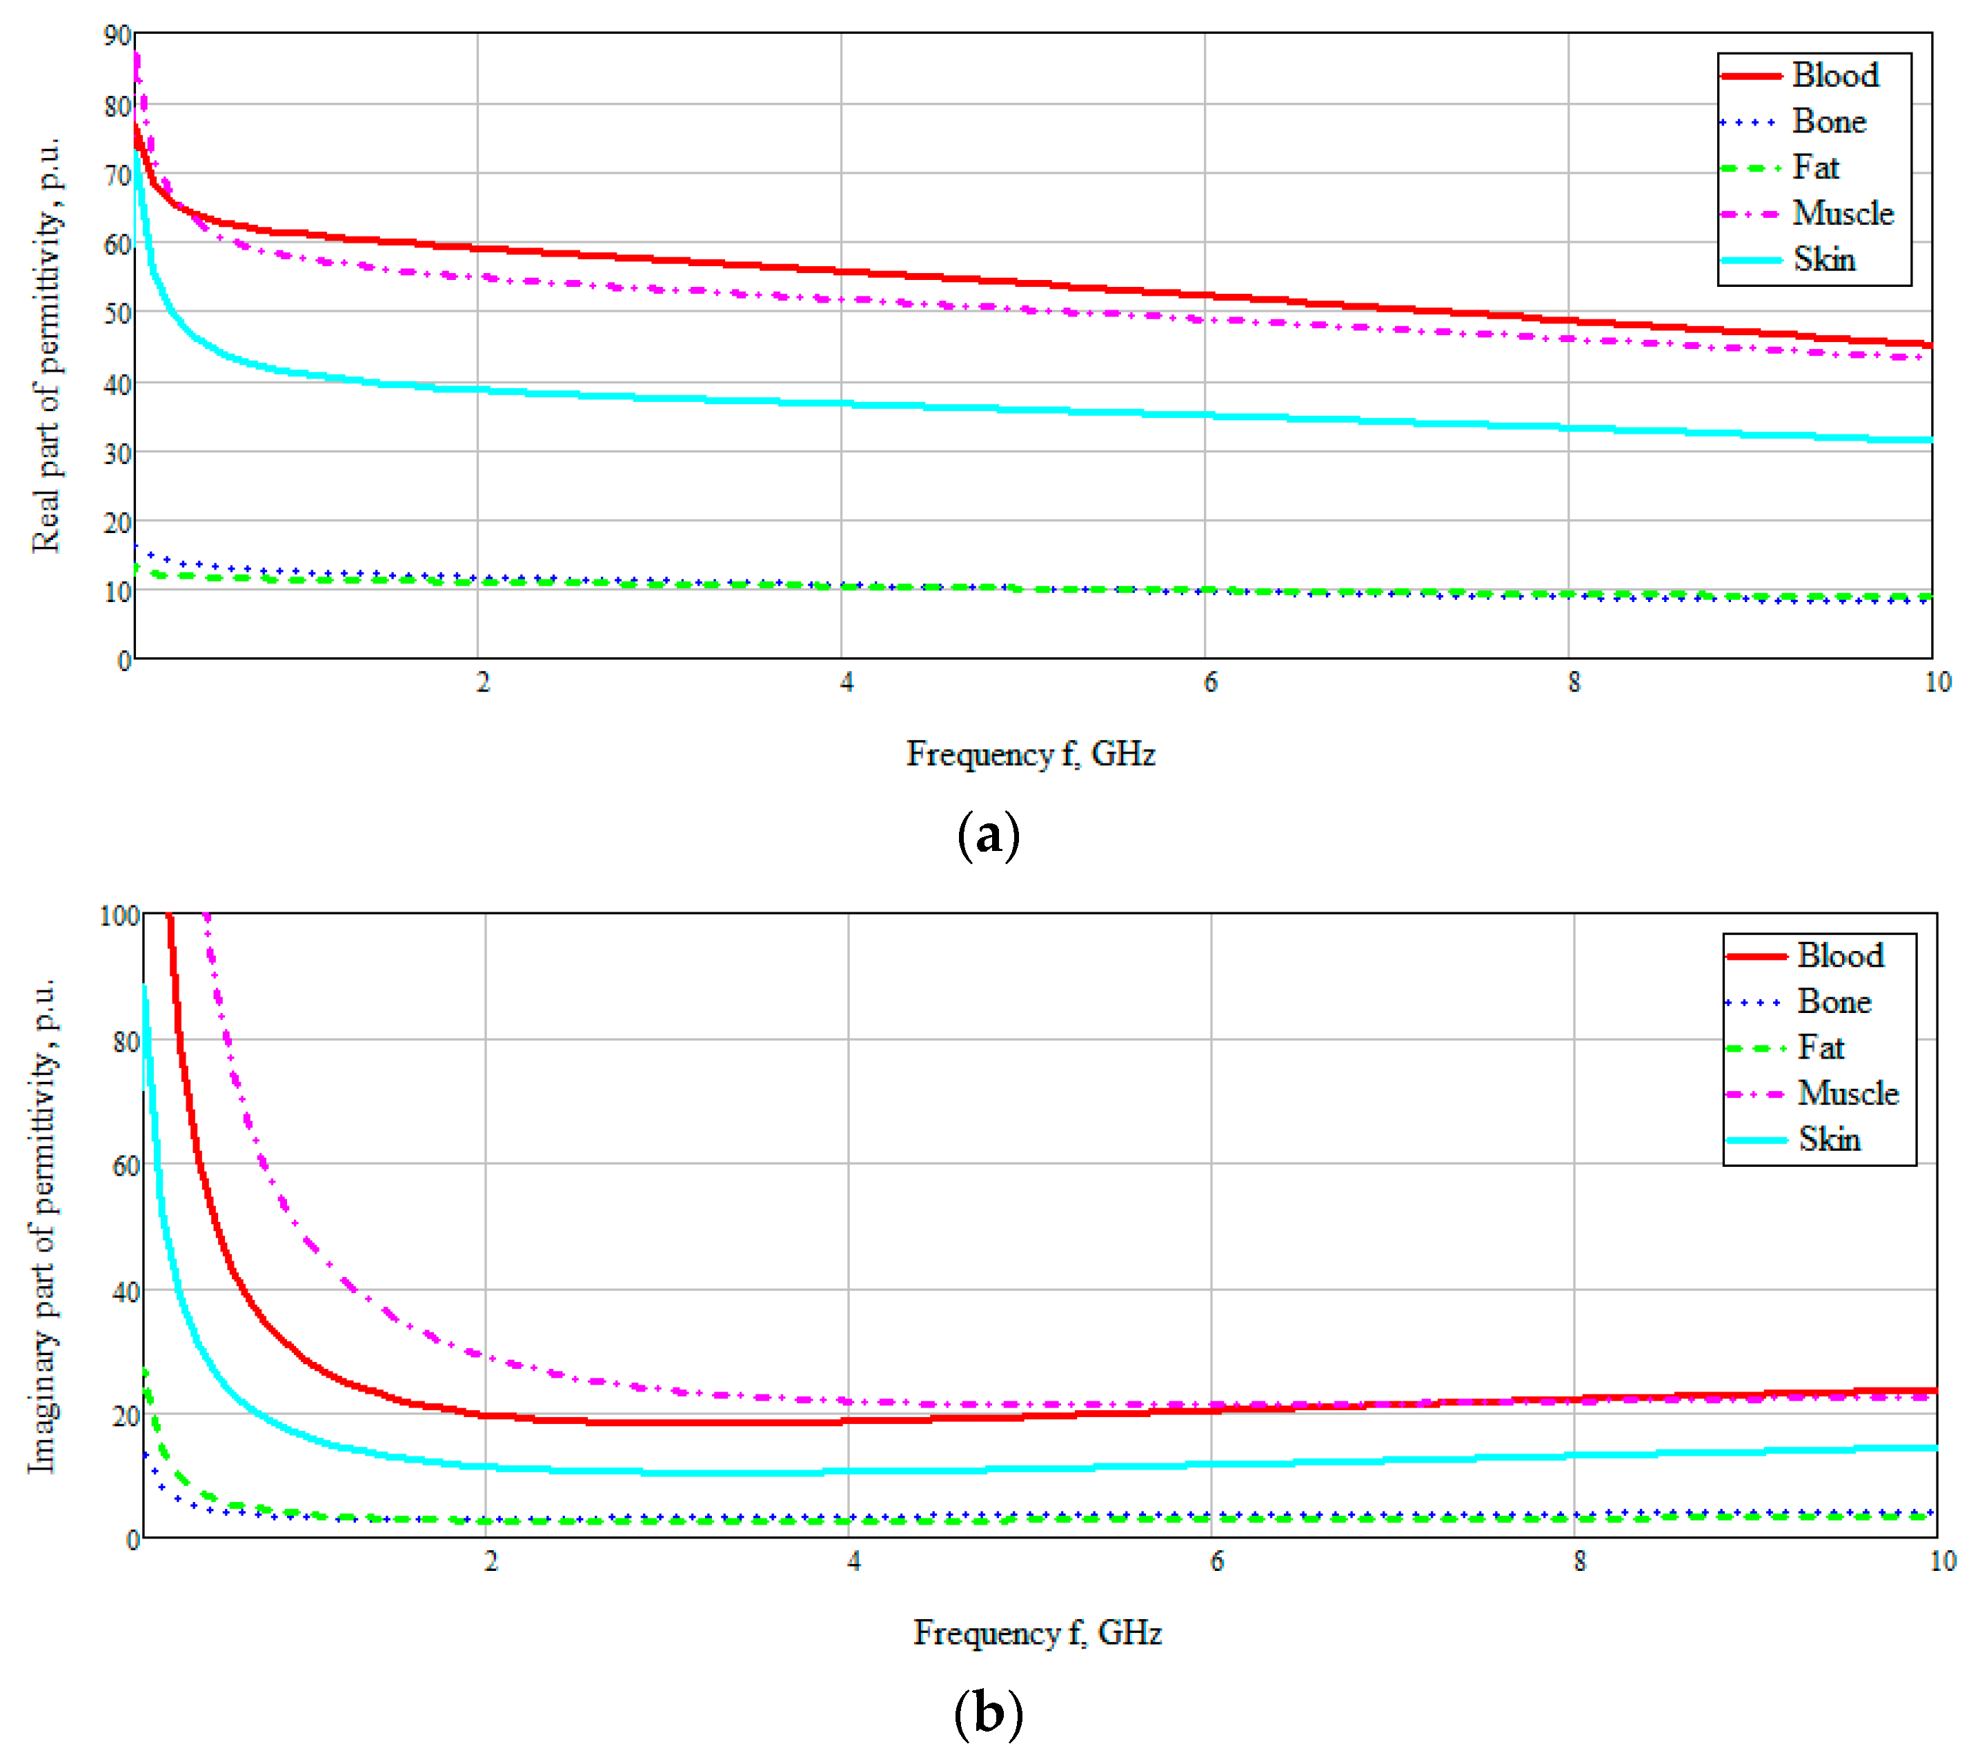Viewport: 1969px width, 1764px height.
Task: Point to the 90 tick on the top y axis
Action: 117,36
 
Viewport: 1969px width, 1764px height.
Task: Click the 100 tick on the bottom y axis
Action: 119,915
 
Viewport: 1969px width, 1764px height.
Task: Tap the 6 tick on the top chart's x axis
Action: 1210,682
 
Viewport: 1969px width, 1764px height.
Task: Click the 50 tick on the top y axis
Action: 117,314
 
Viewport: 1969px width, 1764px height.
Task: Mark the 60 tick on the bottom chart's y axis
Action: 126,1166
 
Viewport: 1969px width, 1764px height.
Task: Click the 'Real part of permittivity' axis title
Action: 46,346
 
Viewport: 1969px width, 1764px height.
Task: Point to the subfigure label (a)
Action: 988,836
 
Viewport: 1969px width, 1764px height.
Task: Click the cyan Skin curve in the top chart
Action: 969,407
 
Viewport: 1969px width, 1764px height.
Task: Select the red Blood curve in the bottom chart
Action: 969,1417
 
